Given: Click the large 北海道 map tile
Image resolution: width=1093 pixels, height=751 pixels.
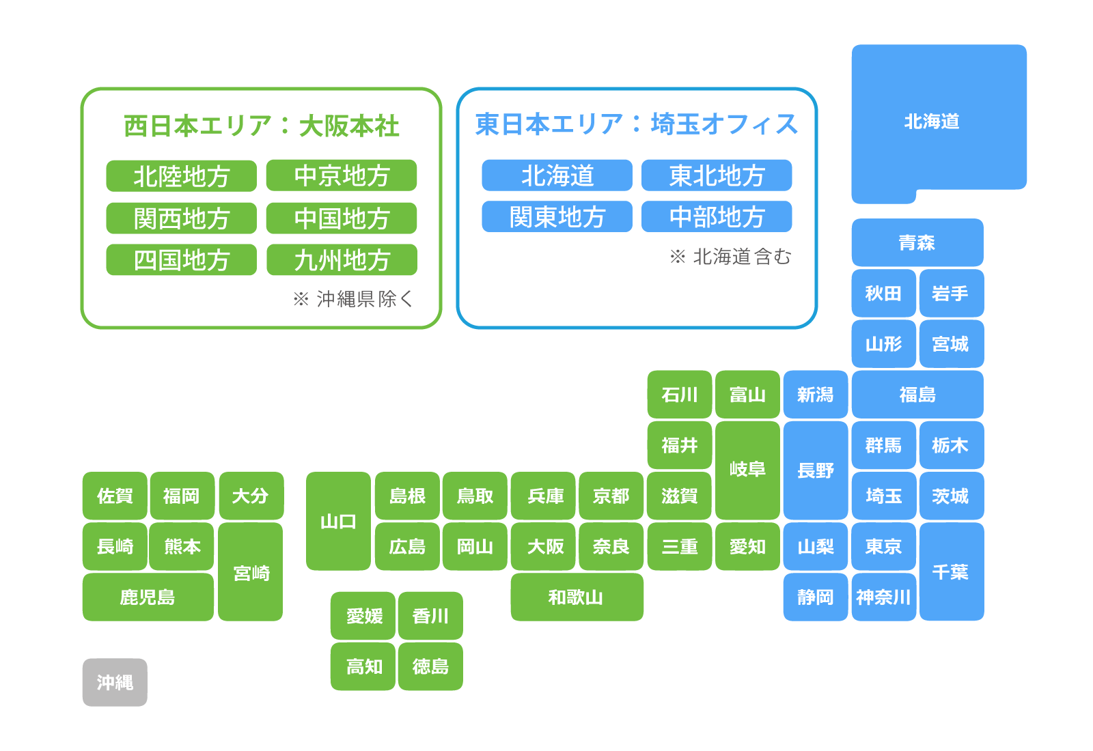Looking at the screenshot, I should pos(939,122).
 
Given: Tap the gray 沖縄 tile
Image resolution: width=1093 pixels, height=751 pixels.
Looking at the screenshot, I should pos(115,682).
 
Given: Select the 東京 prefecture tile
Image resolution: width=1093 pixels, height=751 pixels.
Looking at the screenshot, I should pos(883,546).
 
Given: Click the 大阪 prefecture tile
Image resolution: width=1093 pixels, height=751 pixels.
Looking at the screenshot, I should pos(544,546).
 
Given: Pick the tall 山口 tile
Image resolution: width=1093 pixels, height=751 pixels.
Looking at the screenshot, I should pos(338,521).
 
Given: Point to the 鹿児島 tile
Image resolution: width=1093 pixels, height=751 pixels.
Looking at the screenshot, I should pos(148,597).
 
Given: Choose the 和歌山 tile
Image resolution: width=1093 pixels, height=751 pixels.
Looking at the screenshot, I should pos(576,597).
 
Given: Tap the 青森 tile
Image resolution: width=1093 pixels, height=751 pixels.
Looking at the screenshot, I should pos(917,242).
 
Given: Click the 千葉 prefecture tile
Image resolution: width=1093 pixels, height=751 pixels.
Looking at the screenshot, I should pos(951,571).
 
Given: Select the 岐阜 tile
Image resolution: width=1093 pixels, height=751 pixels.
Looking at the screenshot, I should pos(747,470).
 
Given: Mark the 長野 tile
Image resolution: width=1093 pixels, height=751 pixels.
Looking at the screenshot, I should pos(815,470).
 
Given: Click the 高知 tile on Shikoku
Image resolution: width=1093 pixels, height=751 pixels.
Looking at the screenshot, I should pos(363,666).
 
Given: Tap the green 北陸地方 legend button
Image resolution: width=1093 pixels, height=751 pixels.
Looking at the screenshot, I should pos(181,176).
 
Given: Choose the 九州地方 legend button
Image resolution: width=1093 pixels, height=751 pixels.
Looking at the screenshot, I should pos(342,260).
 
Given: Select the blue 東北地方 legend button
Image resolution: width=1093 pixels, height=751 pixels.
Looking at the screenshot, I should pos(717,175).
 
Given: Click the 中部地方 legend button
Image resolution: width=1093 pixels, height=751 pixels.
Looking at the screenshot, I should pos(717,217).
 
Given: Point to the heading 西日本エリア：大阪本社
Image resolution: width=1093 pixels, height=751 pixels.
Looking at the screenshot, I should pos(261,126).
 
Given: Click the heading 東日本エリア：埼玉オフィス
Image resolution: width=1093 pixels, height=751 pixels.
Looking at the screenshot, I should pos(636,124).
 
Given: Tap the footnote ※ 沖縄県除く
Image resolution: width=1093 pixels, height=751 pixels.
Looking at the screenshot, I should pos(352,298).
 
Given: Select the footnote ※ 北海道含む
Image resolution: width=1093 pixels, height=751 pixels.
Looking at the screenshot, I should pos(730,257).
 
